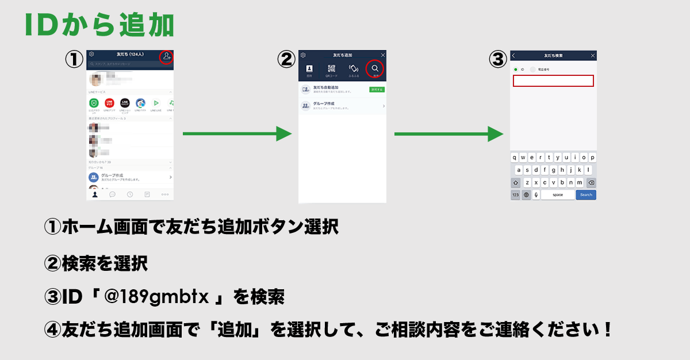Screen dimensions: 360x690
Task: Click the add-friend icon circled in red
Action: (x=166, y=56)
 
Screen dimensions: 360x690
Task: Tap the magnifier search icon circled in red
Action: (x=375, y=68)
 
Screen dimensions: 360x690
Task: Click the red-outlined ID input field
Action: (x=553, y=81)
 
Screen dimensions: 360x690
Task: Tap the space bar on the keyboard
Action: (x=557, y=195)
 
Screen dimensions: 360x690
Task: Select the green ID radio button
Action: (x=516, y=69)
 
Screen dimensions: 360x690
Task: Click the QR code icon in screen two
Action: (x=331, y=69)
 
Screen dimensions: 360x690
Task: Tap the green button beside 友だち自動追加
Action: (x=377, y=90)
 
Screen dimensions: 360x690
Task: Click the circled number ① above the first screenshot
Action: (x=74, y=60)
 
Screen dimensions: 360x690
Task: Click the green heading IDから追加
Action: (x=99, y=26)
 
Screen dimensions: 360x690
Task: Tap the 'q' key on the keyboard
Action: (x=515, y=157)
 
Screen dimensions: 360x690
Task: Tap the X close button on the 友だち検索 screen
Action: (x=592, y=56)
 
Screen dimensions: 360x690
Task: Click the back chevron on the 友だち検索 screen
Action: (x=513, y=56)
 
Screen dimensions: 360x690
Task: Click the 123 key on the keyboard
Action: (x=516, y=195)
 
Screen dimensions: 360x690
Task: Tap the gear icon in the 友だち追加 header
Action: (x=303, y=55)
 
